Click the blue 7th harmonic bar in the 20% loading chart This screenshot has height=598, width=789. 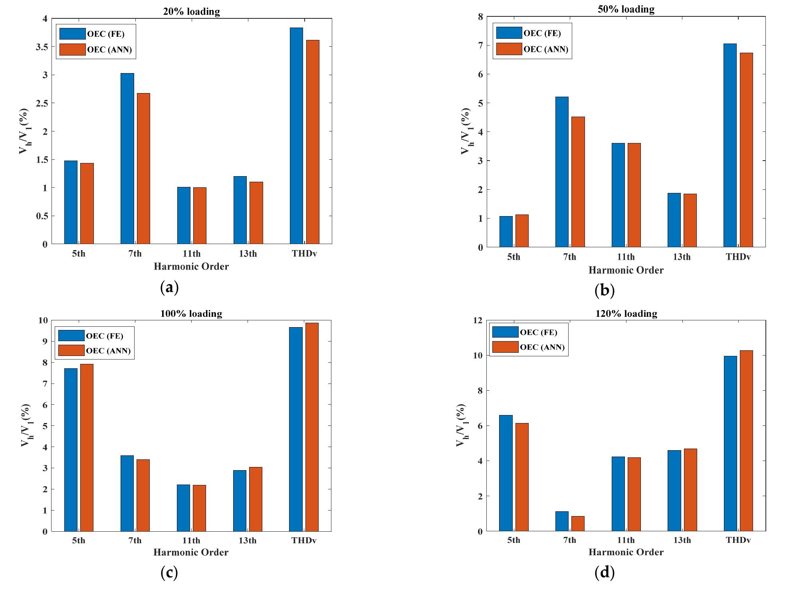(x=127, y=159)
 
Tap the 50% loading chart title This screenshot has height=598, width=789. (x=626, y=9)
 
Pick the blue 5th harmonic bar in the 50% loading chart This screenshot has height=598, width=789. (x=506, y=232)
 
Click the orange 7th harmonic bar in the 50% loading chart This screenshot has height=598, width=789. (x=578, y=182)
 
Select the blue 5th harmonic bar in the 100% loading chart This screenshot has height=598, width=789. (x=71, y=450)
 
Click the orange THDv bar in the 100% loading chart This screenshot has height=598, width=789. (x=312, y=427)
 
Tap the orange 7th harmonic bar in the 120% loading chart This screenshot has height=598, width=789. (x=578, y=524)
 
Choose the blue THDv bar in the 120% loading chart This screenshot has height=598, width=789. (x=730, y=443)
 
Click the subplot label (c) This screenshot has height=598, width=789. (x=169, y=573)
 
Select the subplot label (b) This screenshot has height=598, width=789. (x=604, y=290)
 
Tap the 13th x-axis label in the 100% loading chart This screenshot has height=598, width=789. (x=247, y=540)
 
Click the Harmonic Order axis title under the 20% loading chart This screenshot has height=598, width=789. (x=191, y=266)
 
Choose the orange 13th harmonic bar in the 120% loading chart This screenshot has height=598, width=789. (x=690, y=490)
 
